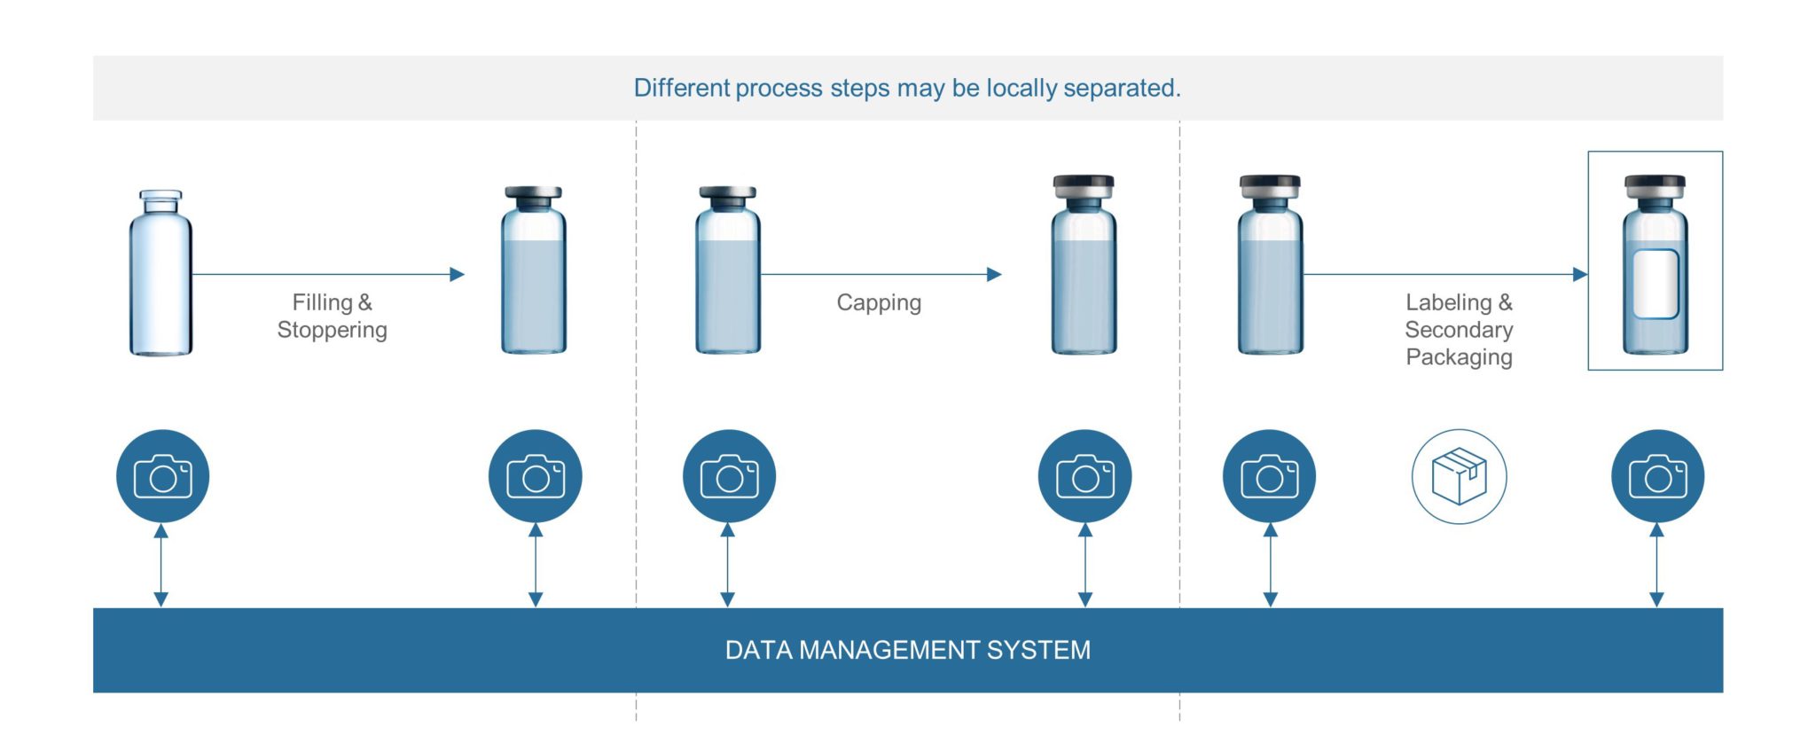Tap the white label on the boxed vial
point(1656,284)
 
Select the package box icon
point(1459,476)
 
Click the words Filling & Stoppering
point(333,316)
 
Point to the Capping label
point(879,302)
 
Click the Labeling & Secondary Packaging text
point(1459,329)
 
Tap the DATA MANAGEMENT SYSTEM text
point(907,650)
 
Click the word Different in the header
point(681,88)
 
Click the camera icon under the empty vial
point(162,476)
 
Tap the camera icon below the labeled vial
point(1657,476)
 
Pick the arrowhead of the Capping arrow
point(994,275)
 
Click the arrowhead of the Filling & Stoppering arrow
point(457,275)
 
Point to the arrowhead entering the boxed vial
point(1579,275)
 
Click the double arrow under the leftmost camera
point(160,565)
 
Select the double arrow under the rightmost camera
point(1656,565)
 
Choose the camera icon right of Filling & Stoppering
point(535,476)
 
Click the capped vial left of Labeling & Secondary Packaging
point(1270,266)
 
